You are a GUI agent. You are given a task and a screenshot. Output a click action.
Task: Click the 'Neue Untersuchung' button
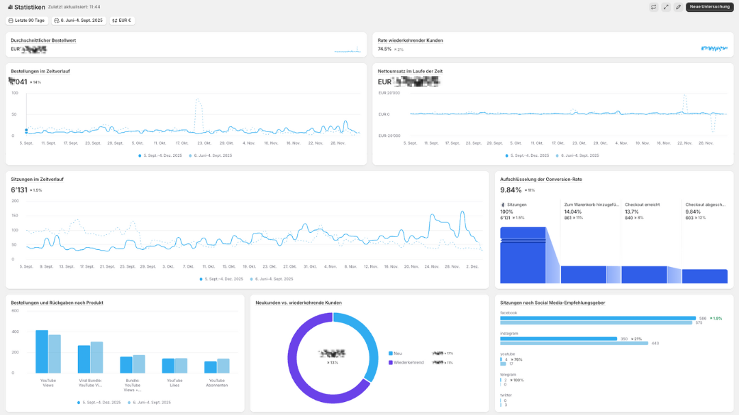pyautogui.click(x=710, y=7)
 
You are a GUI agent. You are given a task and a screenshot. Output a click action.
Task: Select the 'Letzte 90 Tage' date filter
pyautogui.click(x=27, y=21)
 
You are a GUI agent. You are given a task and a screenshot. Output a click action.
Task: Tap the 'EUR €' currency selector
pyautogui.click(x=122, y=21)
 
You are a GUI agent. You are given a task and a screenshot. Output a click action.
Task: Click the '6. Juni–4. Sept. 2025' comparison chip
pyautogui.click(x=79, y=21)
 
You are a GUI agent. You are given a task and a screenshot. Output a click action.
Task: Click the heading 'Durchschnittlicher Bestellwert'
pyautogui.click(x=43, y=40)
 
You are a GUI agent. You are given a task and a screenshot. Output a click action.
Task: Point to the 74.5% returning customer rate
pyautogui.click(x=385, y=49)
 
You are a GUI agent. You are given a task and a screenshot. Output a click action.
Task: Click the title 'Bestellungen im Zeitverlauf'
pyautogui.click(x=40, y=71)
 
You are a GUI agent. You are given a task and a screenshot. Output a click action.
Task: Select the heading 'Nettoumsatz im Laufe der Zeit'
pyautogui.click(x=410, y=71)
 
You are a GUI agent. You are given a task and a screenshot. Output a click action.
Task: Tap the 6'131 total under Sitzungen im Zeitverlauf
pyautogui.click(x=18, y=190)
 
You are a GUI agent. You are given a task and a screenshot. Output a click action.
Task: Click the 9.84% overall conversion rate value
pyautogui.click(x=510, y=190)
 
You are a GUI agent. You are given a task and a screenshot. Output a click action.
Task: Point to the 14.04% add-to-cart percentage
pyautogui.click(x=573, y=212)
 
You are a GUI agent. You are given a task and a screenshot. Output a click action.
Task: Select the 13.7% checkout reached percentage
pyautogui.click(x=632, y=212)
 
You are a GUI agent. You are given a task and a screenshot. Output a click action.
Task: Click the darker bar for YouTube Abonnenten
pyautogui.click(x=210, y=367)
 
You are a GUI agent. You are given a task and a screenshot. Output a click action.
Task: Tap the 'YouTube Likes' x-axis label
pyautogui.click(x=174, y=383)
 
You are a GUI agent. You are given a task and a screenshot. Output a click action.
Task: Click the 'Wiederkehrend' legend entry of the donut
pyautogui.click(x=409, y=362)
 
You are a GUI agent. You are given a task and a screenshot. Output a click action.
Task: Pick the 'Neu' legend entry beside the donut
pyautogui.click(x=398, y=353)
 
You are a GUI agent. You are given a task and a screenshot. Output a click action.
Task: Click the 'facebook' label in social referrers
pyautogui.click(x=508, y=313)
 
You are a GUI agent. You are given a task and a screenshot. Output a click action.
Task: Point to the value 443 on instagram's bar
pyautogui.click(x=655, y=343)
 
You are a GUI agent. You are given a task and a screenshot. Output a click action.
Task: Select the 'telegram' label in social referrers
pyautogui.click(x=508, y=375)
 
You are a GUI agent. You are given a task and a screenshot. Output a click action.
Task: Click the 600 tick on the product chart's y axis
pyautogui.click(x=15, y=311)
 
